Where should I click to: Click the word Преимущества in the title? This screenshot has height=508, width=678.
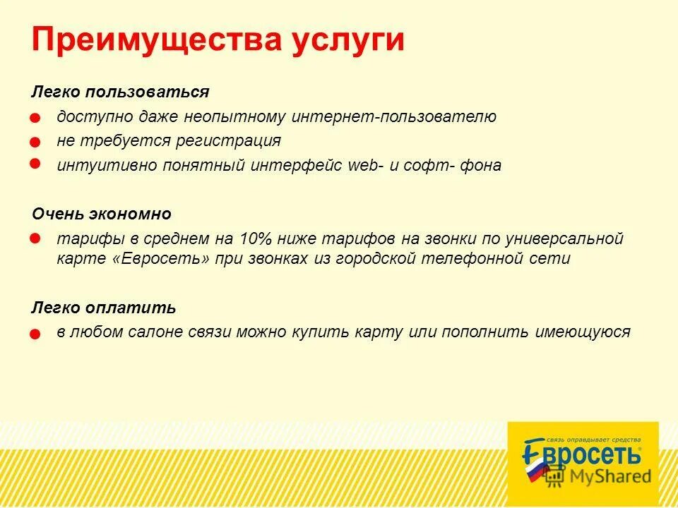pyautogui.click(x=157, y=40)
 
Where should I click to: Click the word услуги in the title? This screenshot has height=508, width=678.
pyautogui.click(x=349, y=40)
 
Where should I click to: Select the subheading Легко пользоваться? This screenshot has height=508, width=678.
pyautogui.click(x=120, y=92)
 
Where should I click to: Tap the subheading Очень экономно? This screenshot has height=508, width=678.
pyautogui.click(x=102, y=214)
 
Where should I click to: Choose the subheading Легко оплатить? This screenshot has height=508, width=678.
pyautogui.click(x=104, y=308)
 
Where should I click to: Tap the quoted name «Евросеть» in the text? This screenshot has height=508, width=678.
pyautogui.click(x=161, y=259)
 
